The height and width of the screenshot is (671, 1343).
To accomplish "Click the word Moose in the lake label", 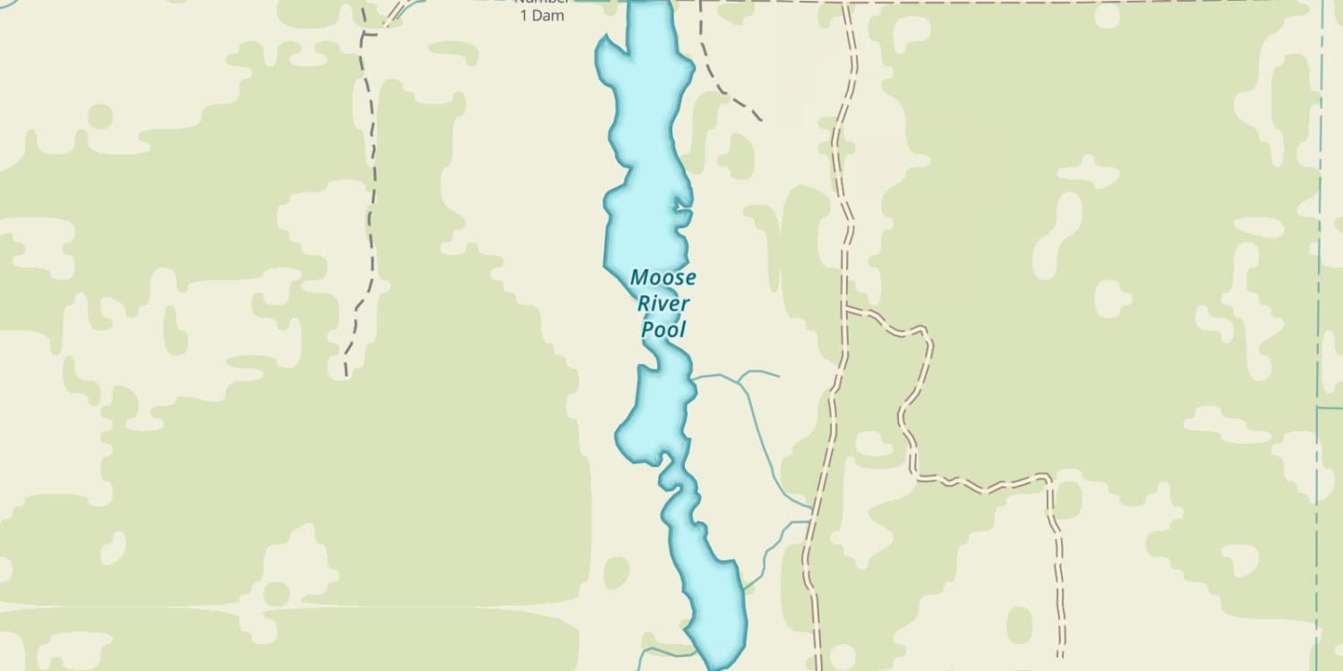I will tap(663, 277).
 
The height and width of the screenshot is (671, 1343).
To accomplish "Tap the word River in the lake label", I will tap(663, 303).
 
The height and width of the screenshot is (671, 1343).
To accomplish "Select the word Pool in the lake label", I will tap(663, 329).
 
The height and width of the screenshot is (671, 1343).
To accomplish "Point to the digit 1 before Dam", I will tap(525, 16).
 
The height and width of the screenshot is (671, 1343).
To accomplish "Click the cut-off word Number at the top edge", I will tap(541, 2).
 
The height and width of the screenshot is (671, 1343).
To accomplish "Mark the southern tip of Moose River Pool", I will tap(717, 667).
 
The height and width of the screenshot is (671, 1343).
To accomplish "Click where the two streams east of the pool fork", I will tap(739, 379).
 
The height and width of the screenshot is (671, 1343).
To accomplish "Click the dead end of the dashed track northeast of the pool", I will tap(761, 120).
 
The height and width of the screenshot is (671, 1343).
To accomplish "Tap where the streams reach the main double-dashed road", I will tap(811, 514).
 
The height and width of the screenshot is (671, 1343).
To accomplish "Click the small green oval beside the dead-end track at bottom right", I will tap(1019, 625).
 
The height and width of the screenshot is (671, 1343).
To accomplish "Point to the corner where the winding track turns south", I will tap(1048, 479).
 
